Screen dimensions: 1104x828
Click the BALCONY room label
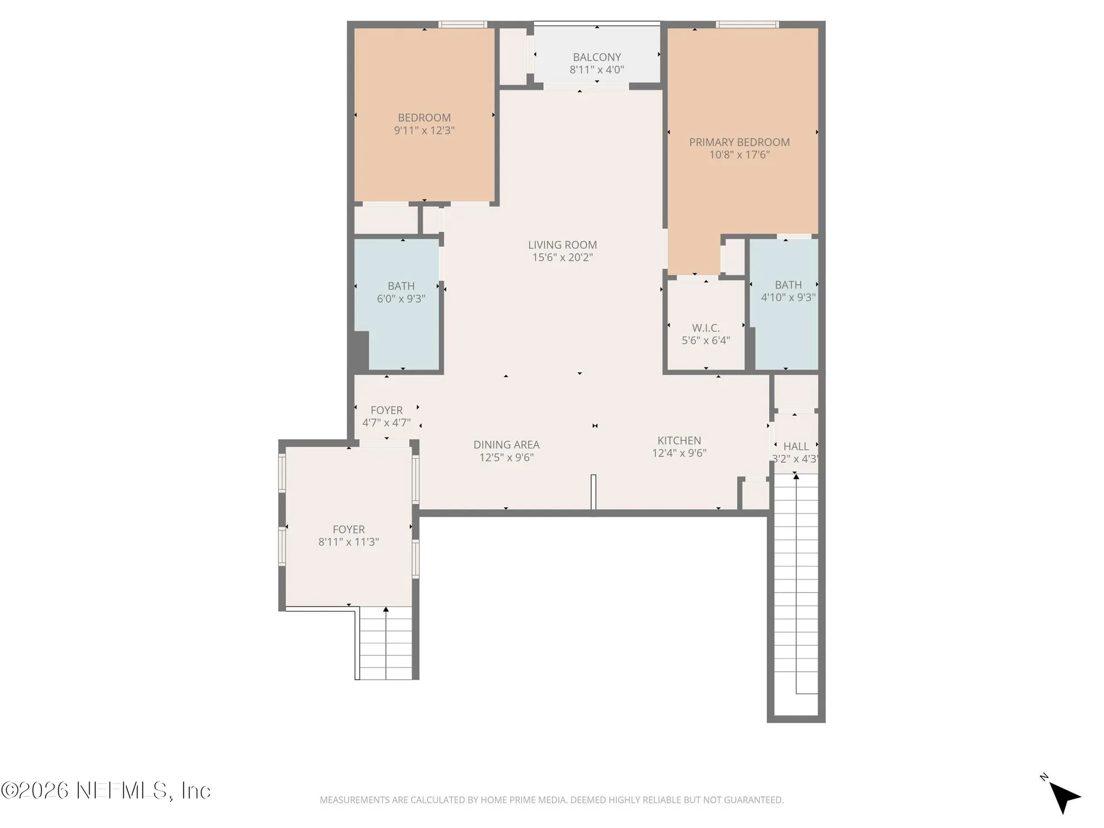(x=597, y=57)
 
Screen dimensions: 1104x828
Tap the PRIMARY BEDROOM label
(x=739, y=142)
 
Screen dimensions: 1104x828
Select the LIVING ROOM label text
(x=562, y=245)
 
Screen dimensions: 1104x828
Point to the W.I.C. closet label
(x=706, y=328)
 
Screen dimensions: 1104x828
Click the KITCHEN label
(x=679, y=440)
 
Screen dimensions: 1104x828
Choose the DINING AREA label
(x=507, y=444)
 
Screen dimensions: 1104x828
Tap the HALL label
(x=796, y=446)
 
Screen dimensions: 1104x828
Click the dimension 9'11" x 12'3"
(x=424, y=131)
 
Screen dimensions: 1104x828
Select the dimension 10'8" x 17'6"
(x=739, y=155)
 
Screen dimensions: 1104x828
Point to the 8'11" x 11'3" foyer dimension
(x=348, y=542)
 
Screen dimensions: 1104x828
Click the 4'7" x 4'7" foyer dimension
(x=386, y=423)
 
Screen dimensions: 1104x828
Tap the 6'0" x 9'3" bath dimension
(x=401, y=298)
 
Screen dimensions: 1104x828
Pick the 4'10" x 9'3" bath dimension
(x=788, y=297)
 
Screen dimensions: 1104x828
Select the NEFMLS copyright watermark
(x=106, y=791)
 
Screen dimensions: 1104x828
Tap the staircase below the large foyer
(x=386, y=643)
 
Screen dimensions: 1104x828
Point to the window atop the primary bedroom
(x=747, y=25)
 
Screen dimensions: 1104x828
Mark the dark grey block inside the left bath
(x=361, y=351)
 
